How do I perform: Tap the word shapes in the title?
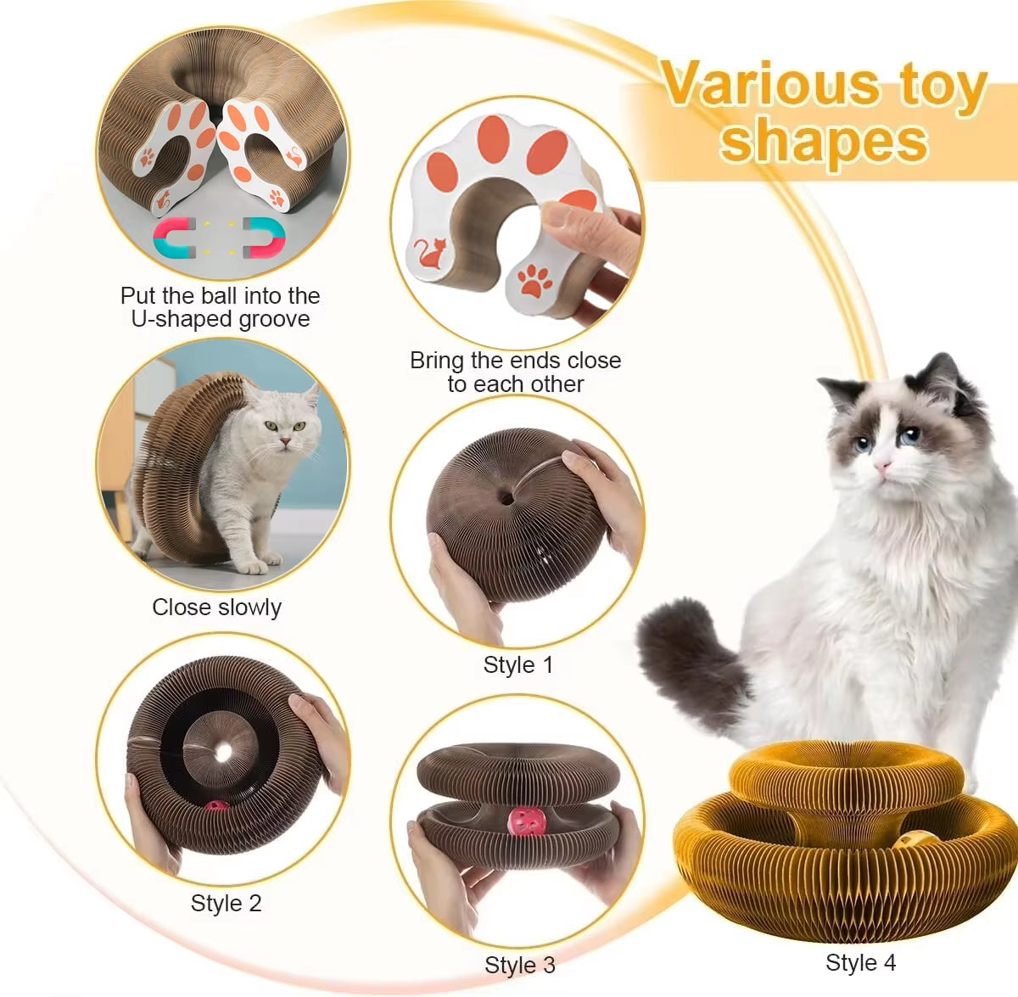[x=824, y=141]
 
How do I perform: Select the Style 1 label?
[x=517, y=665]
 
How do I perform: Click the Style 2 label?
[x=226, y=904]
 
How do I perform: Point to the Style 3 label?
[x=519, y=966]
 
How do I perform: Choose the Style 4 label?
[x=860, y=963]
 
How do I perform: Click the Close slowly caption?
[x=216, y=608]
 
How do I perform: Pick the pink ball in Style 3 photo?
[x=526, y=821]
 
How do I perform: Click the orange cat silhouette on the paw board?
[x=431, y=254]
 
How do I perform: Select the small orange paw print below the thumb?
[x=534, y=280]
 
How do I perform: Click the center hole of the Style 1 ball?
[x=506, y=497]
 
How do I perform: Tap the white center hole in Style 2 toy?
[x=223, y=752]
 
